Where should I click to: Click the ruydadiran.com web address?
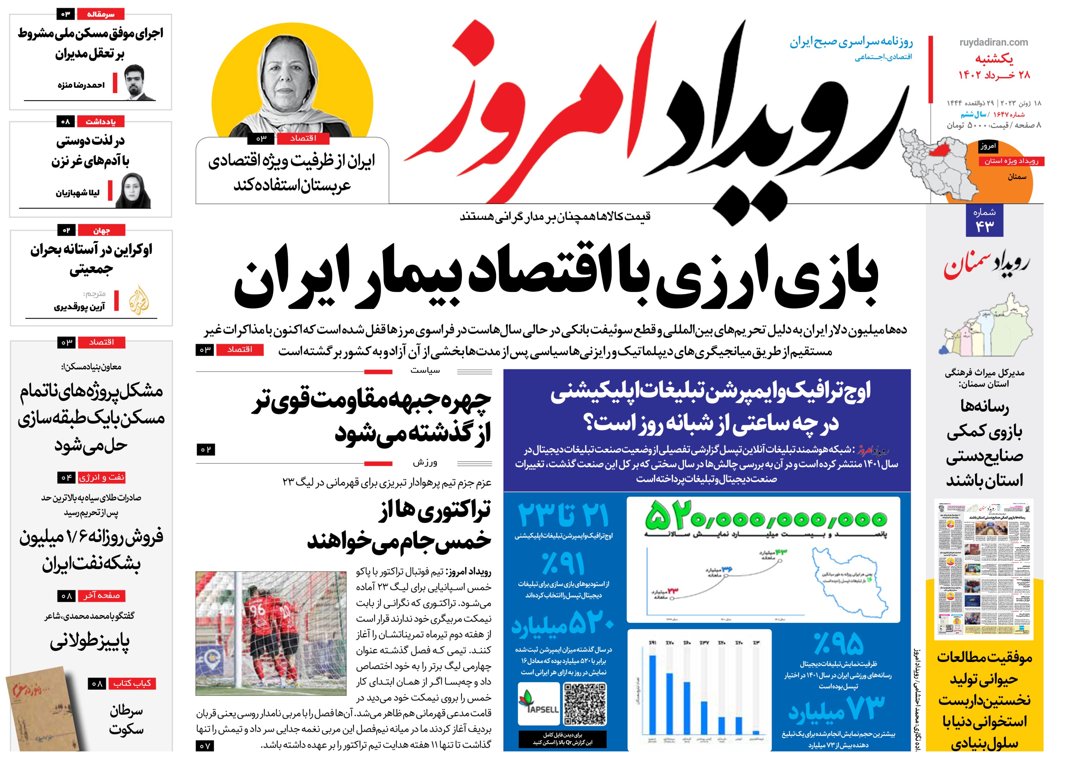pos(993,42)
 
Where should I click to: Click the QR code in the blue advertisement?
pos(584,704)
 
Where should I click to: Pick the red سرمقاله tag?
pos(101,14)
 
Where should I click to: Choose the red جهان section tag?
pos(101,231)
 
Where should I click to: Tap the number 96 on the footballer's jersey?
pos(257,610)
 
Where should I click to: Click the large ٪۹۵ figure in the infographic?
pos(838,643)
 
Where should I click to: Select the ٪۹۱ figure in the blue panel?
pos(563,564)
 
